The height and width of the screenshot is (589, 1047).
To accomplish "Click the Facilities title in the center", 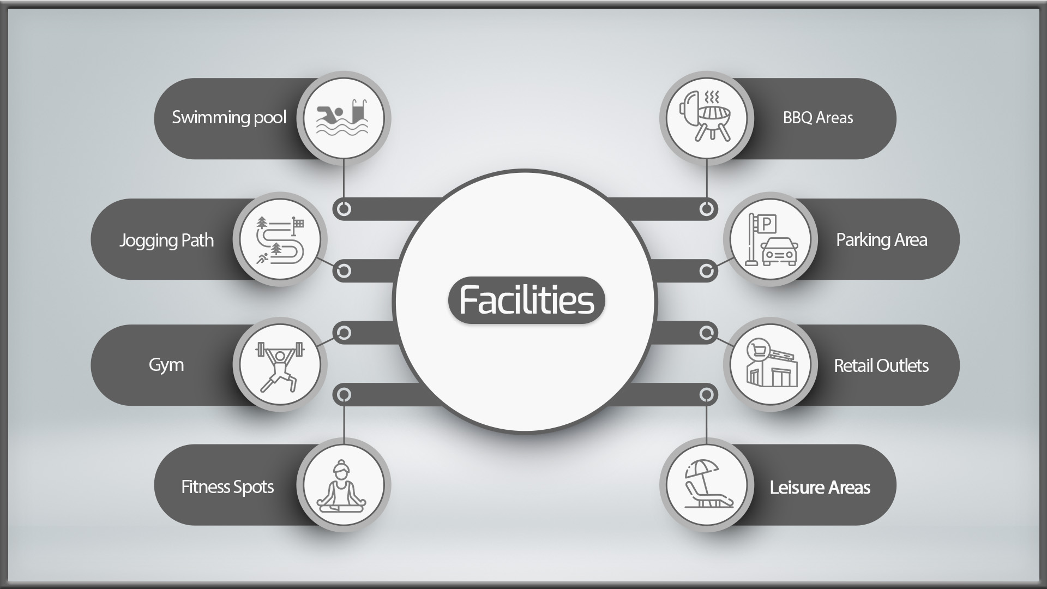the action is [526, 300].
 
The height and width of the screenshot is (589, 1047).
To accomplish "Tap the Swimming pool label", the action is [229, 118].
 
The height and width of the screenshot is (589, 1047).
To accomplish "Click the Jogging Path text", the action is [166, 241].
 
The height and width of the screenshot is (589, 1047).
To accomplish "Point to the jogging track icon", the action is [280, 240].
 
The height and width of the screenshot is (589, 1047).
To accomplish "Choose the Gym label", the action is [166, 365].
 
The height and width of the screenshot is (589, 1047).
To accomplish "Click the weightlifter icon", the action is [280, 365].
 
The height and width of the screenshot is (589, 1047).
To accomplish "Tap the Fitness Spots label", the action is [227, 486].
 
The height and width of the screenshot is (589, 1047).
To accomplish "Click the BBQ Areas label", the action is [818, 118].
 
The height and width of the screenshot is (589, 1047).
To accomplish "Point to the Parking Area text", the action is [882, 240].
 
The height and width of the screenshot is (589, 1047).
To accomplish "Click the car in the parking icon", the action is [780, 251].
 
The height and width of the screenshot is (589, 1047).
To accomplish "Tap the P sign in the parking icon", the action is [767, 223].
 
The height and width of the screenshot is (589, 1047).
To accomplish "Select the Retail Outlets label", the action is [881, 365].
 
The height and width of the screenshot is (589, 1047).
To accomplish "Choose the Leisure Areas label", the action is [820, 487].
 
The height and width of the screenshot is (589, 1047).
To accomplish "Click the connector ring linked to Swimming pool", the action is [344, 209].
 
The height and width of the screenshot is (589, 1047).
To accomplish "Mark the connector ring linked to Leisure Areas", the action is [706, 394].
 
